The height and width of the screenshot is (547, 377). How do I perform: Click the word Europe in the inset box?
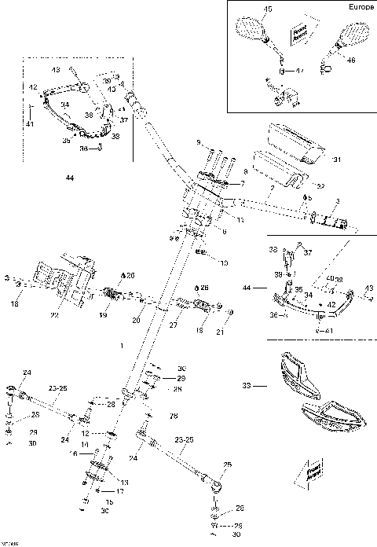click(355, 7)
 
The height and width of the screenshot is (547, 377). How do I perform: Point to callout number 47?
click(299, 71)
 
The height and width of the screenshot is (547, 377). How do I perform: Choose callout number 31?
click(337, 160)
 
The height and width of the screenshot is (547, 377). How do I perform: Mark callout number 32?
click(319, 185)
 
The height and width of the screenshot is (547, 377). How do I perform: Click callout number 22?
click(54, 316)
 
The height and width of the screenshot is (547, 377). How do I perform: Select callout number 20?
click(135, 321)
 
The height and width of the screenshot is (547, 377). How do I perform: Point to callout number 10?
click(224, 262)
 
